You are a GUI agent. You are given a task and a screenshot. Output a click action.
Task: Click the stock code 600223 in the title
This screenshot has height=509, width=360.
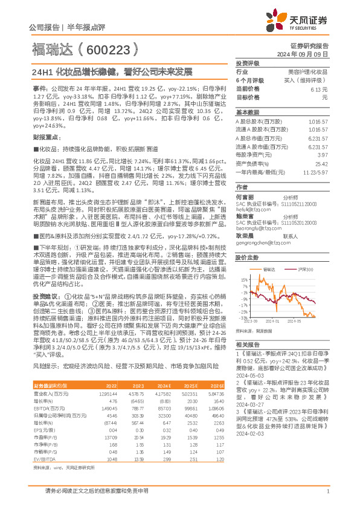click(x=112, y=48)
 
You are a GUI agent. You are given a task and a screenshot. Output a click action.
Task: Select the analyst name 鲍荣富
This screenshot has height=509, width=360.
click(x=244, y=215)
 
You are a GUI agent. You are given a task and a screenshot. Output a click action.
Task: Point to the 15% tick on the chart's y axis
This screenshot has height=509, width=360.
click(x=243, y=280)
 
